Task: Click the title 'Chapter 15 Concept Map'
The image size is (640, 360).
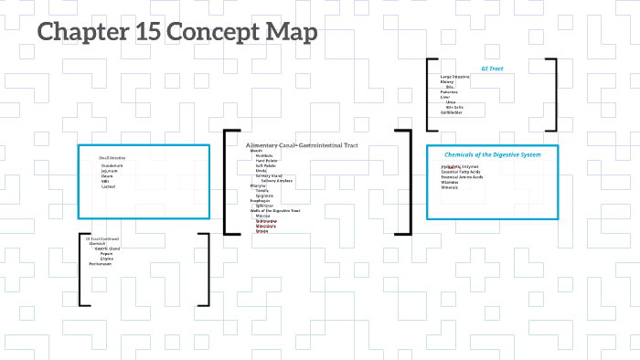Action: pos(177,33)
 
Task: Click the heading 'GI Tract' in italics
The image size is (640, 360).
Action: pos(492,69)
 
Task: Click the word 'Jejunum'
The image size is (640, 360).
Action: pos(110,171)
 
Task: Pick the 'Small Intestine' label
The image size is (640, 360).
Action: pos(112,158)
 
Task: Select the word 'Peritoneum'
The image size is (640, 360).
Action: pos(101,264)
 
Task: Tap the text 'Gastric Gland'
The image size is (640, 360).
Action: pos(108,249)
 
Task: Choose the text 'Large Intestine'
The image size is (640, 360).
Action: pos(454,77)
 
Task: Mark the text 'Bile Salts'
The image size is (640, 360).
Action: pos(454,107)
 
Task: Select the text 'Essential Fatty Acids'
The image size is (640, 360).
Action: pos(460,173)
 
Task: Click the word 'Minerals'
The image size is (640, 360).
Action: pos(449,187)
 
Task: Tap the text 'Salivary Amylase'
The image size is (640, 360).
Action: pos(277,180)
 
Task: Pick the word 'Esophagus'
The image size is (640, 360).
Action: pos(260,200)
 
